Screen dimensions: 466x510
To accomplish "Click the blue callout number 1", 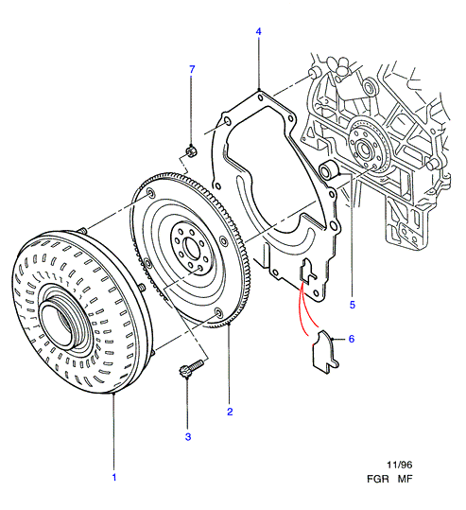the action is pos(114,478).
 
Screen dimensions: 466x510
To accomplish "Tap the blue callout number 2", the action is pos(230,412).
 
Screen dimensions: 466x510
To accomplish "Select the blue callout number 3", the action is pos(188,437).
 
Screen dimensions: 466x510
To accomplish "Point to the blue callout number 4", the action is pos(258,31).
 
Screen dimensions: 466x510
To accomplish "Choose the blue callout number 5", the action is pos(353,305).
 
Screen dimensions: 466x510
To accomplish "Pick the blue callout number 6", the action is pos(352,339).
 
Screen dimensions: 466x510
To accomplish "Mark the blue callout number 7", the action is pos(192,69).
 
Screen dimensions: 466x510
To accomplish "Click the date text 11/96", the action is pos(400,466).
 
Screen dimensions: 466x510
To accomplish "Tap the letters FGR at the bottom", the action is pos(378,479).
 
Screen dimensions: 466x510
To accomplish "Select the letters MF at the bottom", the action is pos(405,479).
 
